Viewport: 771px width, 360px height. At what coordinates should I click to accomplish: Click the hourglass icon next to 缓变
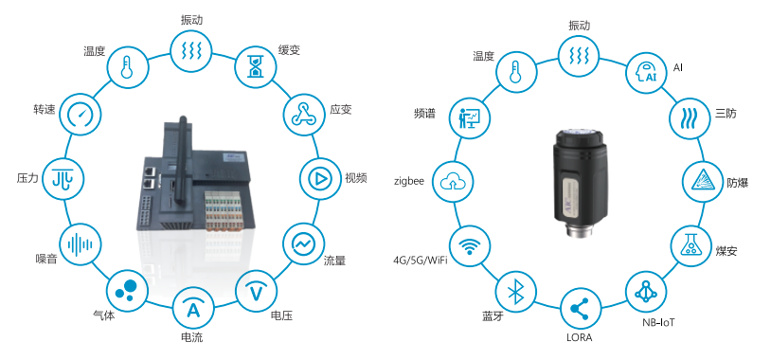coord(255,66)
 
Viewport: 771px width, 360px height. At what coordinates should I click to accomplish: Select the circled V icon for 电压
coord(256,293)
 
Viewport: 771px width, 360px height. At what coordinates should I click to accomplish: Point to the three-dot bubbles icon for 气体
coord(127,290)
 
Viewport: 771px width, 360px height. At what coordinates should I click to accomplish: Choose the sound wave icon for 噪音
coord(80,244)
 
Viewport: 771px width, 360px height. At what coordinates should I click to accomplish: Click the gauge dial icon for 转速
coord(80,115)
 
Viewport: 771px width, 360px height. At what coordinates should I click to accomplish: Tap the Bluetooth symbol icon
coord(515,294)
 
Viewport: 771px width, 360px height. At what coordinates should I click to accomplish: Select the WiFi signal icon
coord(470,246)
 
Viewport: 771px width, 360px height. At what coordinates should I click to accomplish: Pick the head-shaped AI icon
coord(646,73)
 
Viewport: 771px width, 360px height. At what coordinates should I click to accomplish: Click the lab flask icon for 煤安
coord(690,245)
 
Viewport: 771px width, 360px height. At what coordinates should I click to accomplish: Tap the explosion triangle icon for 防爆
coord(704,182)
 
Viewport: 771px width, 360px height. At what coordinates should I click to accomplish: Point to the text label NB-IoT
coord(658,323)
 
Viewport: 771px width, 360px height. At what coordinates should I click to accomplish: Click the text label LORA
coord(580,338)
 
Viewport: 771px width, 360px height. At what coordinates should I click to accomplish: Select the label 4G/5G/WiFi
coord(420,261)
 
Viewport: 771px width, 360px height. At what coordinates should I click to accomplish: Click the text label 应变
coord(341,109)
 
